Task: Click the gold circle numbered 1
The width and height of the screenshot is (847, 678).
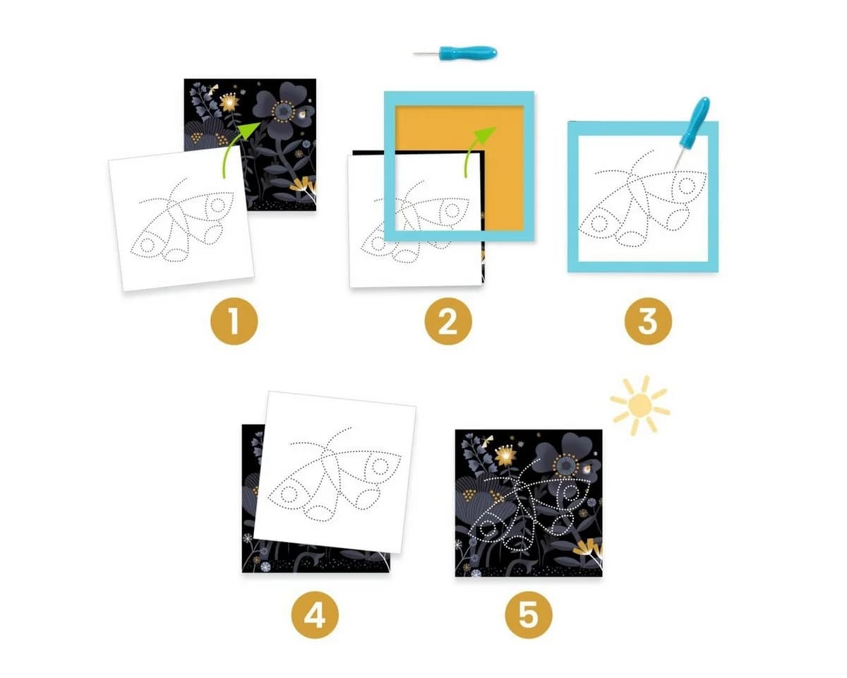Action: pos(234,321)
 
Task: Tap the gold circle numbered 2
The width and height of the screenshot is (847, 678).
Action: pos(448,321)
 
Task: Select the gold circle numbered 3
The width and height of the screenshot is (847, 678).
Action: pos(648,321)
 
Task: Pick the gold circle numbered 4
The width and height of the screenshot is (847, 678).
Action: pos(315,614)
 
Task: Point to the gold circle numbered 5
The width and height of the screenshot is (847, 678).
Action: pos(529,614)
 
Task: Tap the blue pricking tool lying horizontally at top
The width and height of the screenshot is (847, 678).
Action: pos(455,52)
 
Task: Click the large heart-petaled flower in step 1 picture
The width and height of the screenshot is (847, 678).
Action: pos(282,107)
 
